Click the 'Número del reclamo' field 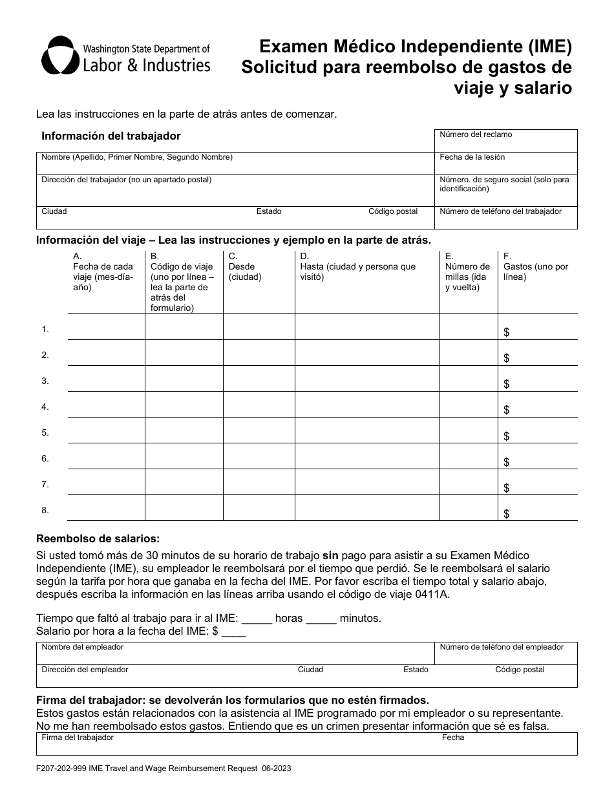pyautogui.click(x=505, y=141)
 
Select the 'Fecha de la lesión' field pyautogui.click(x=505, y=164)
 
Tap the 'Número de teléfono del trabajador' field pyautogui.click(x=505, y=218)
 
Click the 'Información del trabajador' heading pyautogui.click(x=111, y=136)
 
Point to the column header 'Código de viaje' pyautogui.click(x=182, y=266)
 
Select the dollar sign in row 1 pyautogui.click(x=507, y=332)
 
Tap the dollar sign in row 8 pyautogui.click(x=507, y=514)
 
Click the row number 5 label pyautogui.click(x=45, y=433)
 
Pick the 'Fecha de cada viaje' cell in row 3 pyautogui.click(x=106, y=379)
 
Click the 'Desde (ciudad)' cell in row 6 pyautogui.click(x=259, y=456)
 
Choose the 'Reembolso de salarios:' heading pyautogui.click(x=98, y=538)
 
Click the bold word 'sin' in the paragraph pyautogui.click(x=330, y=555)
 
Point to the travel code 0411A pyautogui.click(x=434, y=595)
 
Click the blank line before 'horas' pyautogui.click(x=257, y=619)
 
